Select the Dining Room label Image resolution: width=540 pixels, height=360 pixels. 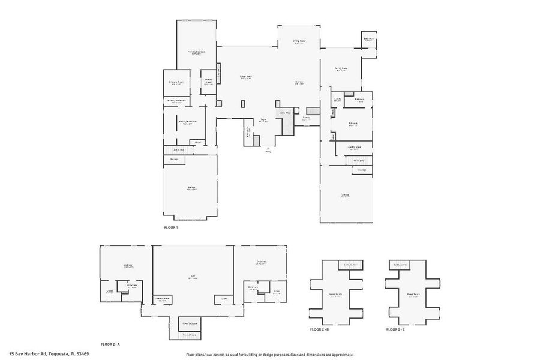299,41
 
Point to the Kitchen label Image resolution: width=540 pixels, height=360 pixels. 298,82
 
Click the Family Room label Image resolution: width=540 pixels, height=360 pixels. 341,69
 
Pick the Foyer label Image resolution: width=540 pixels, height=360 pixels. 263,119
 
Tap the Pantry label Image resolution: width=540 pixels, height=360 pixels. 306,119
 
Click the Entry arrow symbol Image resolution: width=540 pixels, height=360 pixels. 268,148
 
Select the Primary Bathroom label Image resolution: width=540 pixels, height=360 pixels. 188,122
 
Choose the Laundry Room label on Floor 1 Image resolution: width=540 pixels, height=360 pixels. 354,146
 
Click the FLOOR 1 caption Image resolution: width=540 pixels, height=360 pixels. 171,227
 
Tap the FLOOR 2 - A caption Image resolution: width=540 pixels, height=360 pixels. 110,344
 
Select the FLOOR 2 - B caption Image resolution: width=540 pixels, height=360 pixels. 319,329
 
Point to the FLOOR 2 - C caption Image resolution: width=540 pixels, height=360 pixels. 395,329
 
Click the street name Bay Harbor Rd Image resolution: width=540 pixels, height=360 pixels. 31,354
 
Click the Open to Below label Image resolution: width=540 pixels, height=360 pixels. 190,323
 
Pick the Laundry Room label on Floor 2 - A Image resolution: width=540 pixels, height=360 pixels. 163,298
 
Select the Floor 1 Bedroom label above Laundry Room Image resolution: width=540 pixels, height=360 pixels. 353,124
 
